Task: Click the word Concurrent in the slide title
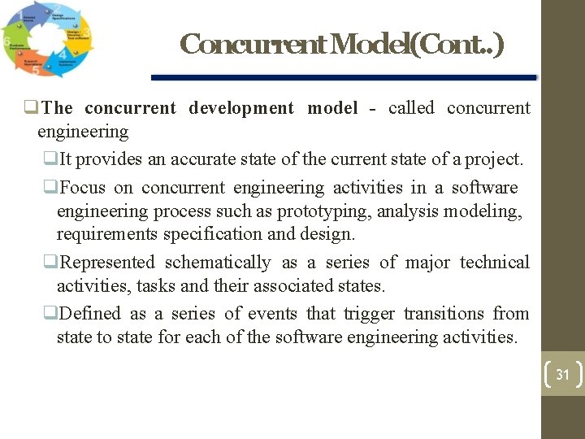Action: (x=251, y=44)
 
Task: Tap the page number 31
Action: (x=562, y=376)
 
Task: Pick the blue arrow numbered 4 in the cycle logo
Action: (x=67, y=59)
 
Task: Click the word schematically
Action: (x=218, y=262)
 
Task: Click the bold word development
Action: (x=241, y=107)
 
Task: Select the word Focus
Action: (x=83, y=187)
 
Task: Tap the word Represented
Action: (x=107, y=262)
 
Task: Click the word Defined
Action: (x=90, y=313)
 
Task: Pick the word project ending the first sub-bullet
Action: (x=496, y=160)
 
